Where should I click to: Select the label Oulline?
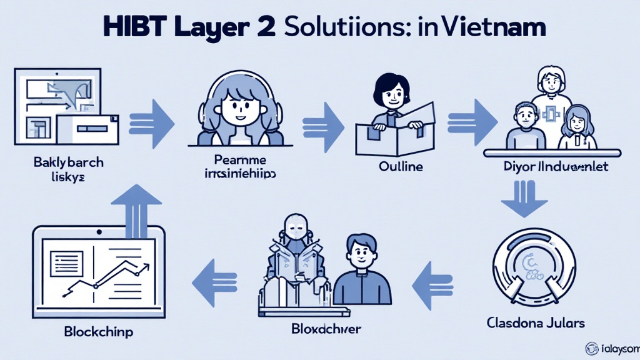(400, 167)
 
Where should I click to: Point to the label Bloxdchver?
(326, 328)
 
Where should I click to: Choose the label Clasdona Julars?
(536, 323)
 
